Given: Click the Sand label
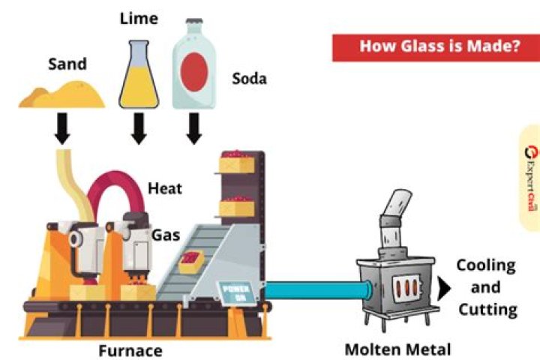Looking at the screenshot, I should click(x=67, y=64).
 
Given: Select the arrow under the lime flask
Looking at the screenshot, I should click(x=139, y=129).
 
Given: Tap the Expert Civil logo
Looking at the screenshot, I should click(x=530, y=177).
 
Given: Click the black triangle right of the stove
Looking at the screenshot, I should click(x=445, y=288).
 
